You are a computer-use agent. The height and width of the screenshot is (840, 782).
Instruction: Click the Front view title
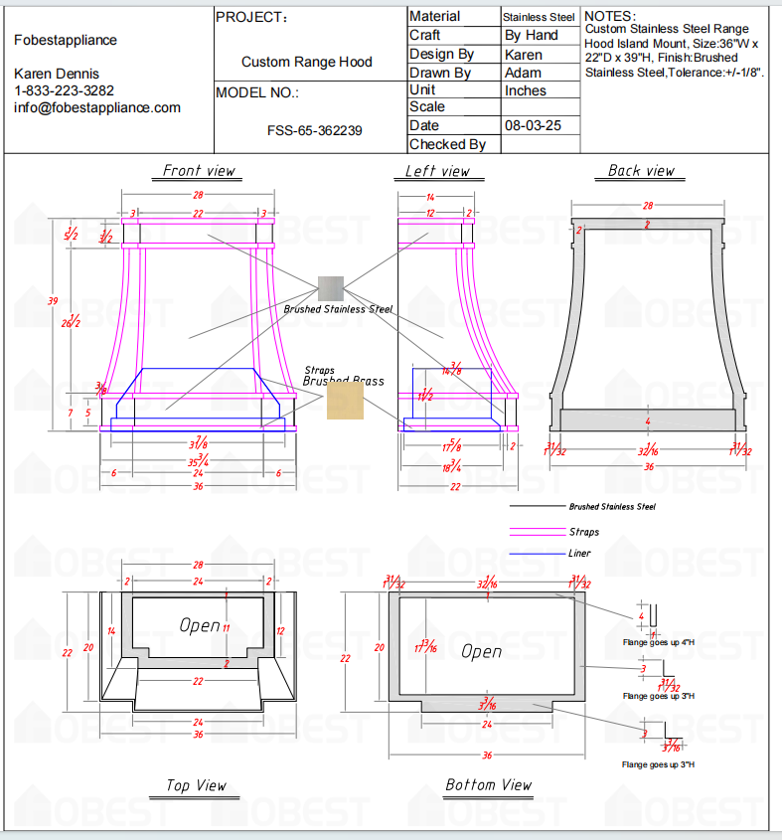[x=200, y=171]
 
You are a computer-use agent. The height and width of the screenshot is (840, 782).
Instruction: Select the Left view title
[x=437, y=171]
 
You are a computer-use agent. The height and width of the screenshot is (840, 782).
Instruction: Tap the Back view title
[x=641, y=171]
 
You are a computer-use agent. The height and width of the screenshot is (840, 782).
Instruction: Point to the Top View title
[x=197, y=785]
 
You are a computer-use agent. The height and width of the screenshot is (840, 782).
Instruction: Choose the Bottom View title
[x=488, y=785]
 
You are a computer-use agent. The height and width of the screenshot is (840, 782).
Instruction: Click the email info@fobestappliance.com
[x=97, y=107]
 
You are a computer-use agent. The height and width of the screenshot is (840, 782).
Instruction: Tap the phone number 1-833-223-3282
[x=64, y=90]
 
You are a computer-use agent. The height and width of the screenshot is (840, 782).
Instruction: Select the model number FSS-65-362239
[x=314, y=130]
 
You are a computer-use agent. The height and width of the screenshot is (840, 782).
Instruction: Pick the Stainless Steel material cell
[x=539, y=17]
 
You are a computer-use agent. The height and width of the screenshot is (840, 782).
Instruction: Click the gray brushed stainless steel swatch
[x=330, y=289]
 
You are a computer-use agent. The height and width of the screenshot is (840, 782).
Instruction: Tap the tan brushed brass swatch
[x=345, y=403]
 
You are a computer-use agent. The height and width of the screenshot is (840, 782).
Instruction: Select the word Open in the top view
[x=200, y=625]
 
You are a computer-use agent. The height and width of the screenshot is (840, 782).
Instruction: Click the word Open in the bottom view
[x=482, y=651]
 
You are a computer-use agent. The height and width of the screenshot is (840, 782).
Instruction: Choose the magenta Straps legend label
[x=584, y=532]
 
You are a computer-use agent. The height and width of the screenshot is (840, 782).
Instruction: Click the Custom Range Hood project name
[x=307, y=62]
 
